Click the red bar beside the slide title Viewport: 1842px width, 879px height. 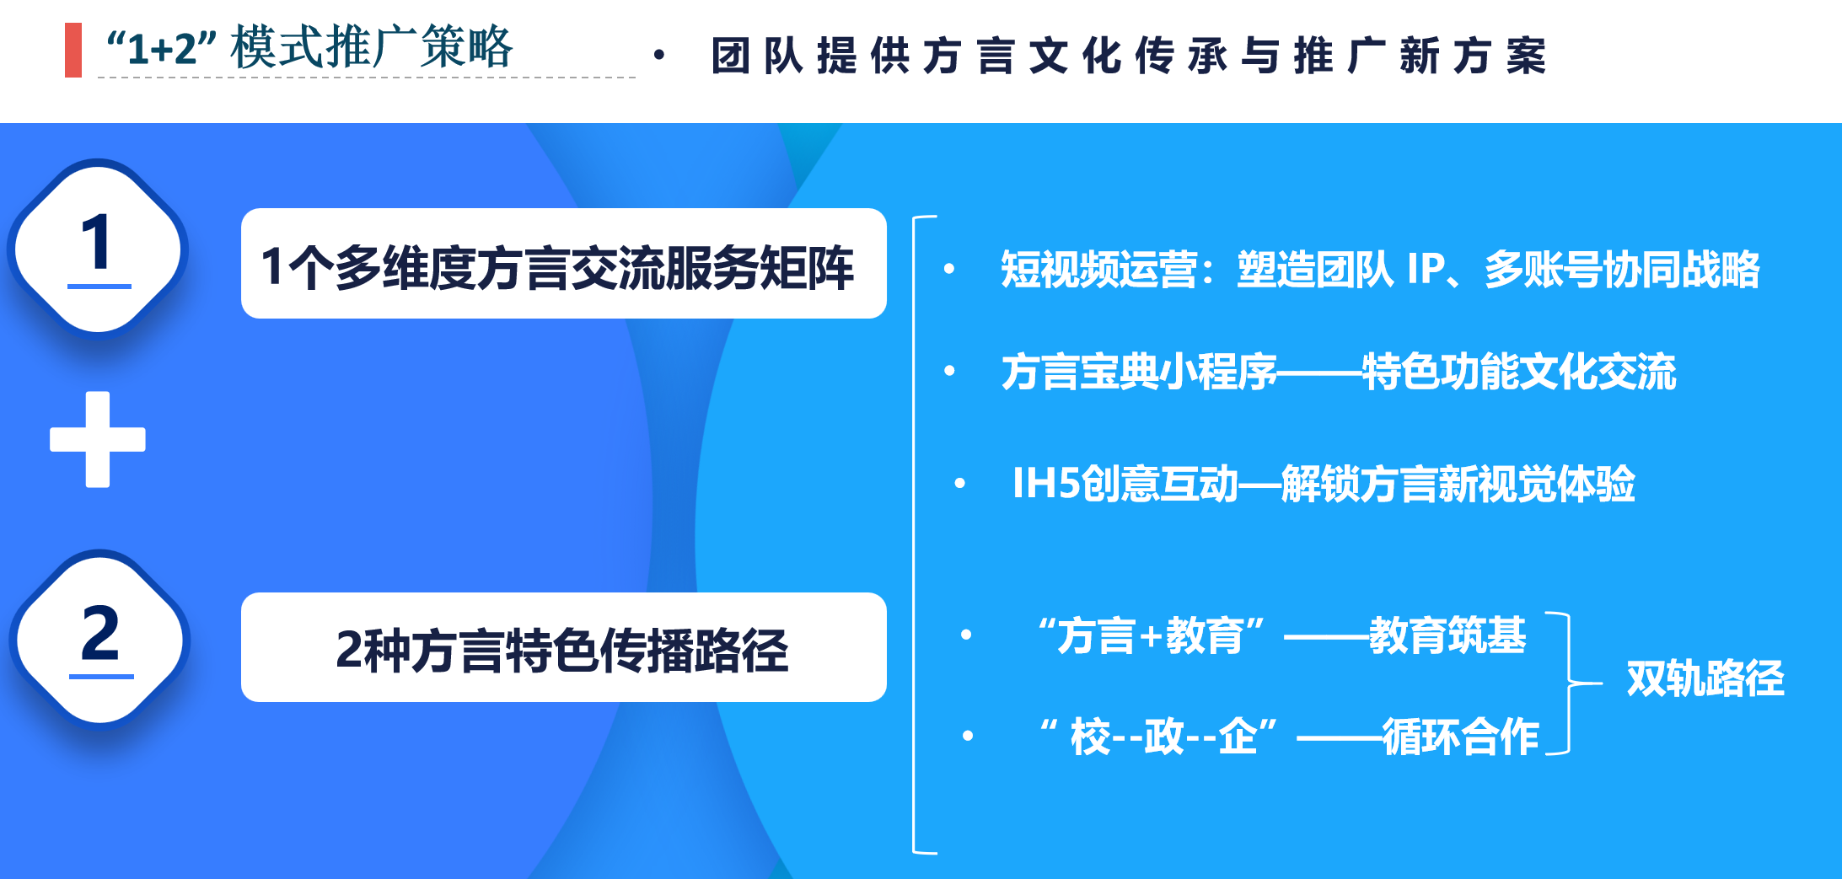(x=73, y=50)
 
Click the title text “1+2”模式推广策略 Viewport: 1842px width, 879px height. (x=309, y=47)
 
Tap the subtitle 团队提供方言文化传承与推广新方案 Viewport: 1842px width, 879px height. (x=1129, y=56)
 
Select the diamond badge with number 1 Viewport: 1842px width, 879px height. (x=99, y=249)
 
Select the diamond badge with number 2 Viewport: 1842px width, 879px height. (x=100, y=640)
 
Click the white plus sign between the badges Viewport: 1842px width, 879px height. (x=98, y=439)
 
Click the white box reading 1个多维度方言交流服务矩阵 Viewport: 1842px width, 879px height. (x=564, y=263)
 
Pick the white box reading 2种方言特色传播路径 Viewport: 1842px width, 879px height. (x=564, y=647)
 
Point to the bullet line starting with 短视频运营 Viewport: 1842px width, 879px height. (x=1380, y=270)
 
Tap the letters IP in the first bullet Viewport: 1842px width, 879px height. (x=1426, y=270)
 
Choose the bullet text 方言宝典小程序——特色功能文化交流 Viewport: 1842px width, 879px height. (x=1339, y=372)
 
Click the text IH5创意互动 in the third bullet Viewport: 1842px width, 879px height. (x=1125, y=484)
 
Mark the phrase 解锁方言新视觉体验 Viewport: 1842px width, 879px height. (x=1458, y=484)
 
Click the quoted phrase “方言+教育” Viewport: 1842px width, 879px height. (x=1152, y=635)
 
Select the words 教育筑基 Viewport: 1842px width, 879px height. (x=1447, y=635)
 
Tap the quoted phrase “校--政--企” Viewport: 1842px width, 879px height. (x=1159, y=737)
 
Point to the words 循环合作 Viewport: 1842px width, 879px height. (x=1461, y=737)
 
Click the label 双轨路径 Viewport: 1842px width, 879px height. (x=1705, y=678)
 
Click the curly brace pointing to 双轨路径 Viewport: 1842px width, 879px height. (x=1569, y=683)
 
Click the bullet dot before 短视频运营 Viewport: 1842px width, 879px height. (x=949, y=269)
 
